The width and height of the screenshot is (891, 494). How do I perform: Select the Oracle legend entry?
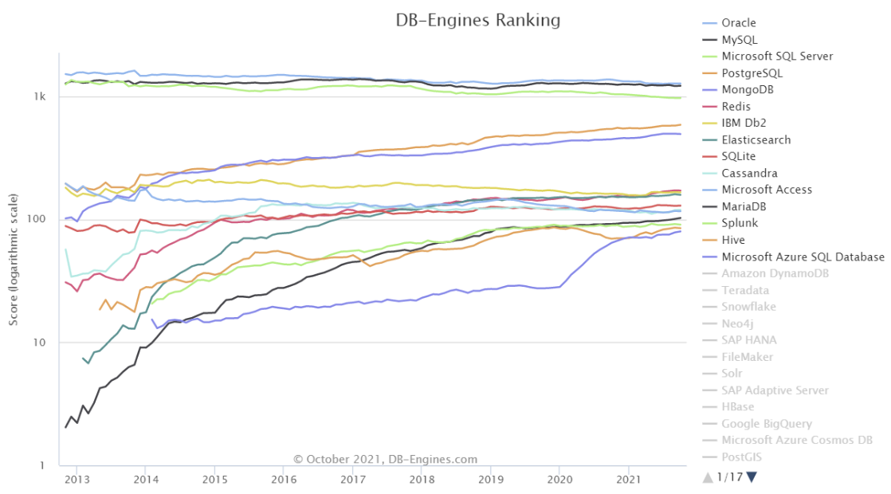(739, 23)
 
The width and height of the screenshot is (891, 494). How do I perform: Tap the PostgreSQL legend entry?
(752, 73)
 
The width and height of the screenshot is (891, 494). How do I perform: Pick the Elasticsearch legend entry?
(756, 139)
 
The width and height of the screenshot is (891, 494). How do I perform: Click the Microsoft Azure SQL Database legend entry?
(803, 257)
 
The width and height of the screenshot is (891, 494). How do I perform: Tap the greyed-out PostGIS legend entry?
(744, 457)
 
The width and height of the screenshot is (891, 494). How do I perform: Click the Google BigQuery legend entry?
(767, 423)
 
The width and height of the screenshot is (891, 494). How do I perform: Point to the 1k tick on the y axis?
(40, 96)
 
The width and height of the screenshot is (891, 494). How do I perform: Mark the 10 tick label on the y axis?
(41, 343)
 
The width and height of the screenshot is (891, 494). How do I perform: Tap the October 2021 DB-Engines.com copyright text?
(385, 459)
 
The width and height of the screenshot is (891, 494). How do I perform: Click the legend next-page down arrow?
(752, 476)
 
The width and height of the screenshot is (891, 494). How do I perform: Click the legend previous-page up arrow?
(707, 476)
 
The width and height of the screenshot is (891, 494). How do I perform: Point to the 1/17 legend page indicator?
(729, 476)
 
